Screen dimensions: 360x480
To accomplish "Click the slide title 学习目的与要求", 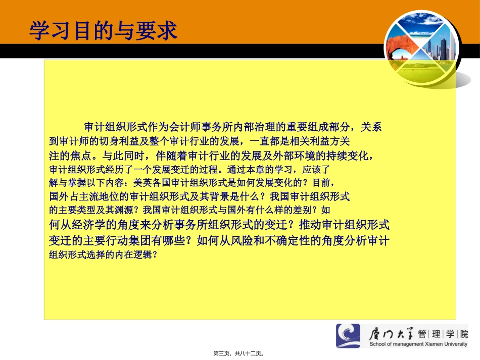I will tap(104, 30).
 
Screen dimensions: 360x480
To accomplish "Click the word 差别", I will tap(309, 210).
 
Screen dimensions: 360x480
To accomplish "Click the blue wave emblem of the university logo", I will tap(348, 336).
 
